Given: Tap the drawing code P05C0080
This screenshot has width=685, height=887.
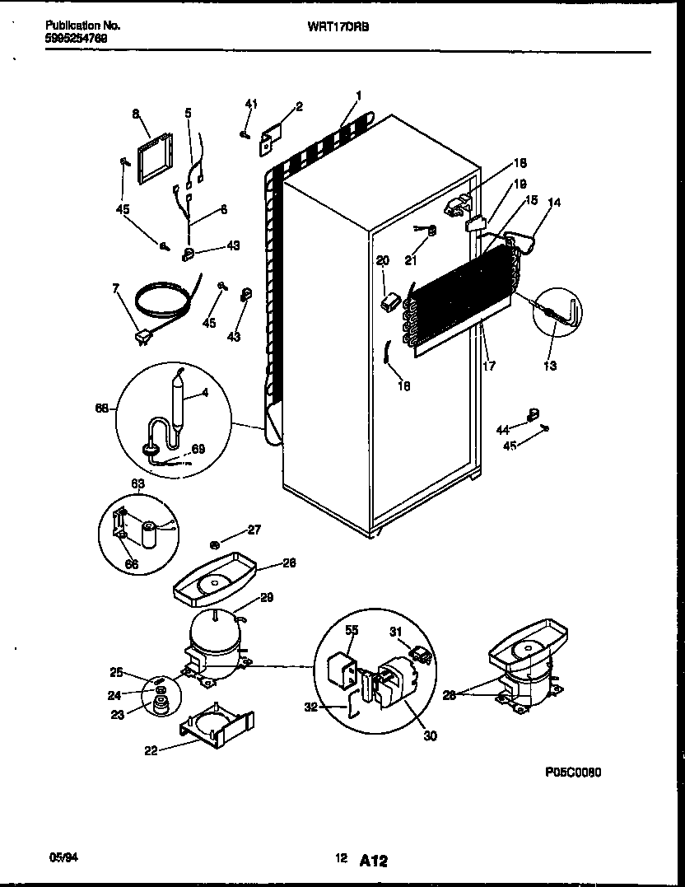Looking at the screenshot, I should point(573,773).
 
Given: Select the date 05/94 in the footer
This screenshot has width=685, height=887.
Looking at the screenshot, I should point(63,858).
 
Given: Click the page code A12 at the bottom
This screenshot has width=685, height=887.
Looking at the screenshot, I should point(373,860).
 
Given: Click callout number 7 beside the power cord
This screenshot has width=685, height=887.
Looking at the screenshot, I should point(116,287).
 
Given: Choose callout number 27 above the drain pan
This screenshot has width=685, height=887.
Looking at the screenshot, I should point(254,530).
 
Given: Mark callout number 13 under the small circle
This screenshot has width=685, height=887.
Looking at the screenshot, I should point(550,365).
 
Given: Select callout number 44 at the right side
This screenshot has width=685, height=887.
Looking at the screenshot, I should point(501,429).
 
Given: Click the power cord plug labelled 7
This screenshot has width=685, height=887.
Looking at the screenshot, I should point(142,334).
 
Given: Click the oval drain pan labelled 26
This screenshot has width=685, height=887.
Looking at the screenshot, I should point(217,581).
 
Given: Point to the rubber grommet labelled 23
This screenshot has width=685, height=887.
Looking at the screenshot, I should point(157,703).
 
